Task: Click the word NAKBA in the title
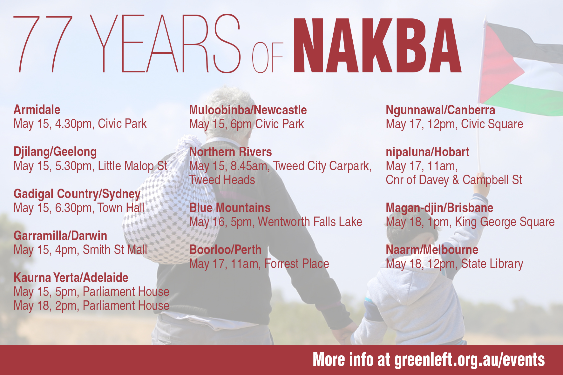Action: pyautogui.click(x=377, y=45)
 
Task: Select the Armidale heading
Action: pyautogui.click(x=37, y=110)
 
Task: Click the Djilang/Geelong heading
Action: pyautogui.click(x=55, y=152)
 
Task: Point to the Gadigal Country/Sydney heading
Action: pyautogui.click(x=77, y=194)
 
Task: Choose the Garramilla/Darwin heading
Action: pyautogui.click(x=60, y=236)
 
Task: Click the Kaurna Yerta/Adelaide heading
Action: pyautogui.click(x=71, y=278)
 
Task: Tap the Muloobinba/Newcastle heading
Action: pyautogui.click(x=248, y=110)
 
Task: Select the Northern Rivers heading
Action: pyautogui.click(x=231, y=152)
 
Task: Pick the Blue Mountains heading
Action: pyautogui.click(x=230, y=208)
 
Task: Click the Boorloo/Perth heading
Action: pyautogui.click(x=225, y=250)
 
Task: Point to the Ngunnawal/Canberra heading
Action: pyautogui.click(x=440, y=110)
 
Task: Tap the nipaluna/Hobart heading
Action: pyautogui.click(x=428, y=152)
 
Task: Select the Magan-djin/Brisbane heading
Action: pyautogui.click(x=440, y=208)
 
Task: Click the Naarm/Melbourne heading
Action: pyautogui.click(x=432, y=250)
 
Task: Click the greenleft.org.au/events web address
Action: pyautogui.click(x=470, y=360)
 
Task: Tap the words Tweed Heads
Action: pyautogui.click(x=222, y=180)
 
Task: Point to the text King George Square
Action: pyautogui.click(x=505, y=222)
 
